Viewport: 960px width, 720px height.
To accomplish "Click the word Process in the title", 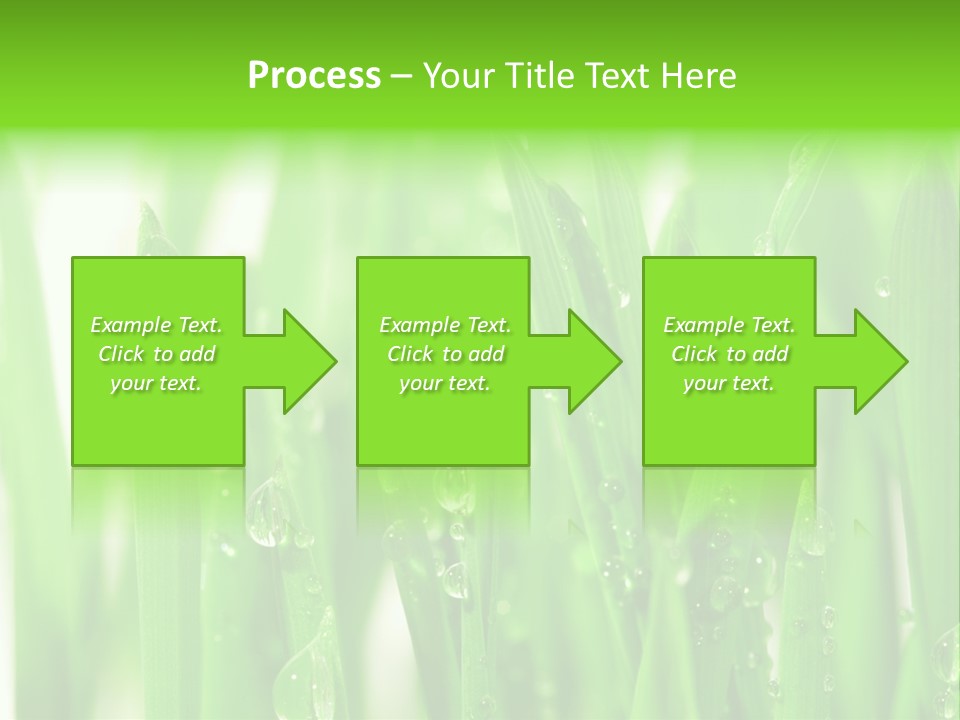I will point(314,76).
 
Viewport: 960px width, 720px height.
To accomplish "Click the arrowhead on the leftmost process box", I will point(309,361).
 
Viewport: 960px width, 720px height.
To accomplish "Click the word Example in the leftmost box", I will point(131,325).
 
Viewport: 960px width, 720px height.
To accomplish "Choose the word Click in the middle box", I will point(408,354).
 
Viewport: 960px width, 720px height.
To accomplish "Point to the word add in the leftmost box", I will point(197,354).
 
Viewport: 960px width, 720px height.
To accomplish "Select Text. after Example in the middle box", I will point(489,325).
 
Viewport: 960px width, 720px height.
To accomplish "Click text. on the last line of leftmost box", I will point(180,383).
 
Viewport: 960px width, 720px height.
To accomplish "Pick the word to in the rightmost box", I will point(737,354).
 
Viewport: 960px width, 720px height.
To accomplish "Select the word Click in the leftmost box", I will point(120,354).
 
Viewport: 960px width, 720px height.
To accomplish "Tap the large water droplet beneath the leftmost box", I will point(267,514).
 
